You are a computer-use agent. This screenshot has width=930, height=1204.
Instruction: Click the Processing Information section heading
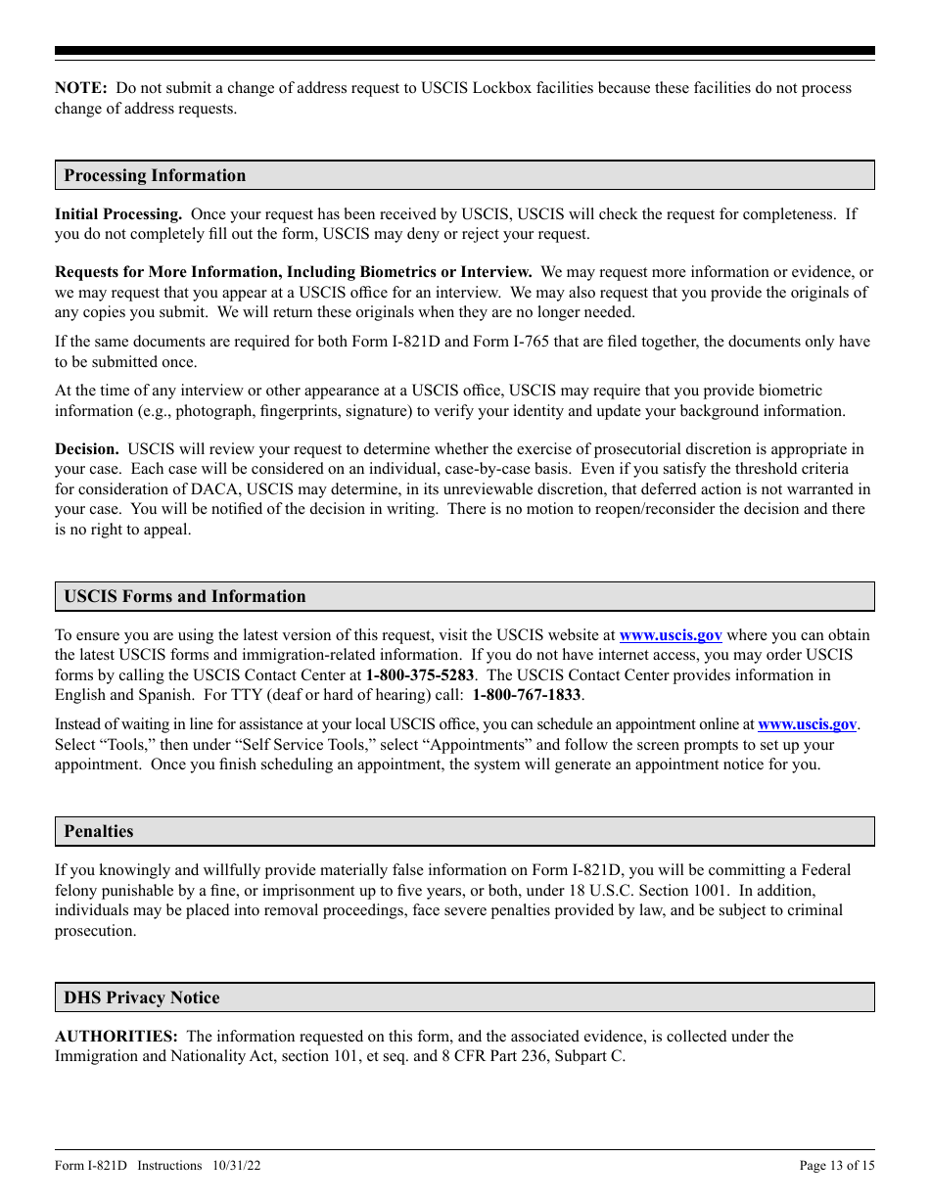click(155, 176)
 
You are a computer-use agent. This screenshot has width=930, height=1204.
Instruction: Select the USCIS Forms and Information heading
click(185, 597)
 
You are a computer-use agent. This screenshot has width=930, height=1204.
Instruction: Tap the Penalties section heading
click(99, 832)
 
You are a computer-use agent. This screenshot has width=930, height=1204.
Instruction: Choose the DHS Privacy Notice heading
click(142, 998)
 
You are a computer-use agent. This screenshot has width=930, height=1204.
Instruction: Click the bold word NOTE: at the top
click(81, 88)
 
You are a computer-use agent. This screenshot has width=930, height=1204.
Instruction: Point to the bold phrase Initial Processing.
click(118, 214)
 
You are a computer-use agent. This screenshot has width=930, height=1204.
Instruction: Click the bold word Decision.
click(87, 449)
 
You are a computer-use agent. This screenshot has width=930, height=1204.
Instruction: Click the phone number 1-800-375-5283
click(420, 675)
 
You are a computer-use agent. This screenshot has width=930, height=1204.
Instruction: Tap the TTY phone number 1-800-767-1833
click(527, 695)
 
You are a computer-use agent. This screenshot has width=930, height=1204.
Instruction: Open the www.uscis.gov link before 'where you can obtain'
click(671, 636)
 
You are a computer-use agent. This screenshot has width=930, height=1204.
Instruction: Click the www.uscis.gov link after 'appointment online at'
click(808, 725)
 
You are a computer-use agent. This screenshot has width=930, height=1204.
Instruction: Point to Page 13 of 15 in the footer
click(837, 1166)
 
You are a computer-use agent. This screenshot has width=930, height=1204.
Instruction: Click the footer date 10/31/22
click(234, 1166)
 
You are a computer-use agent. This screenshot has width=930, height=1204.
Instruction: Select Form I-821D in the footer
click(90, 1166)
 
